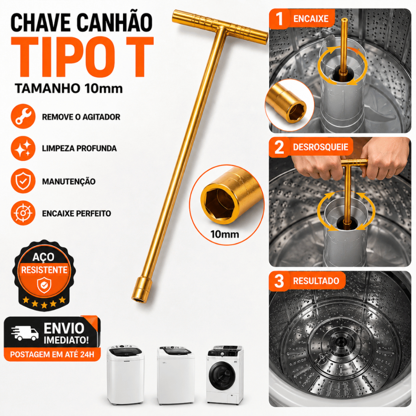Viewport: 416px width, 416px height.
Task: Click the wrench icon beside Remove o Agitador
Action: point(23,117)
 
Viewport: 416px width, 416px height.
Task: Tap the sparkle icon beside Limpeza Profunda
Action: point(23,148)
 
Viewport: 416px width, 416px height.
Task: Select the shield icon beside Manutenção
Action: point(23,181)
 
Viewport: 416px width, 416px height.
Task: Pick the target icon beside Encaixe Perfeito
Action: point(23,213)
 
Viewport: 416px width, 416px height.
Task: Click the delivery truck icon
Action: point(25,333)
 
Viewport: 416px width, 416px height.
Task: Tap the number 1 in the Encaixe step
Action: point(279,19)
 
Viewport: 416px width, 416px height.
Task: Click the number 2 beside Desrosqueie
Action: point(279,147)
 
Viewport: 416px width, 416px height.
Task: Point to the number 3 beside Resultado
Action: point(279,281)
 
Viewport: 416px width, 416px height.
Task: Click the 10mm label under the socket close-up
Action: point(225,234)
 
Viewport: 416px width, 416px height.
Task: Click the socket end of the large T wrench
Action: point(141,289)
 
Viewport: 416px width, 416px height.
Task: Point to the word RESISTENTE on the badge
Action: point(44,270)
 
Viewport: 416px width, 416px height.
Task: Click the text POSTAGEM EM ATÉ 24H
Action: point(52,354)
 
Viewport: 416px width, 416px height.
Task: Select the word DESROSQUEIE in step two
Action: point(321,147)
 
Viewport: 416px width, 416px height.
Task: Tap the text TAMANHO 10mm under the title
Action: point(69,88)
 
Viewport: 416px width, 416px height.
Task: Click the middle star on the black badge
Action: point(44,305)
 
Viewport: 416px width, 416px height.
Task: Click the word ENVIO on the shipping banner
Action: point(64,328)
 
